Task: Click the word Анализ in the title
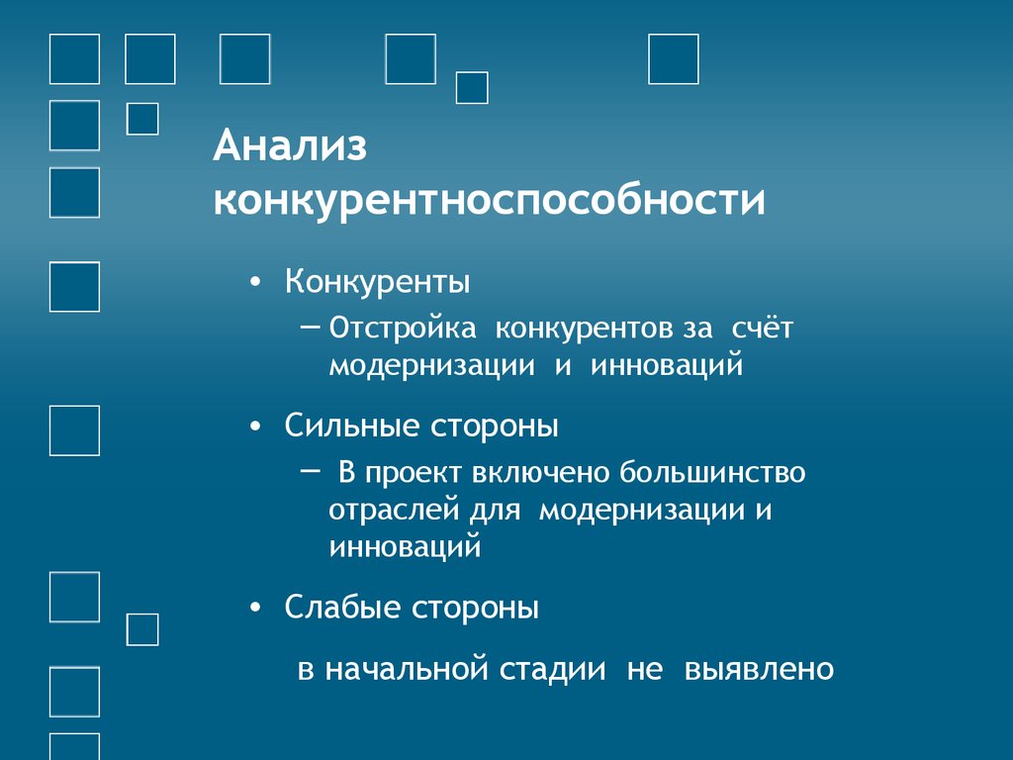tap(290, 148)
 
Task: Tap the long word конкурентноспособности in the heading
tap(489, 201)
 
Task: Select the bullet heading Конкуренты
tap(378, 282)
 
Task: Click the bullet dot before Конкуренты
tap(257, 284)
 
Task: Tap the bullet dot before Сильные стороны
tap(257, 428)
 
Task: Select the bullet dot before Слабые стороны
tap(257, 609)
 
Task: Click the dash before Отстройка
tap(309, 325)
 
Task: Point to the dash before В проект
tap(309, 470)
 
